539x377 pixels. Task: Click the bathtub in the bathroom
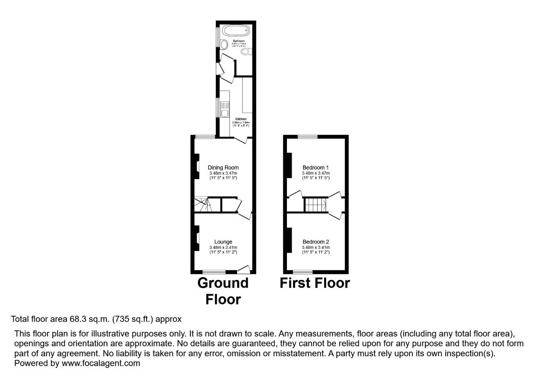point(236,32)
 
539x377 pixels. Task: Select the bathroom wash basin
point(224,44)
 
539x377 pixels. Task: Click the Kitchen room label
point(241,119)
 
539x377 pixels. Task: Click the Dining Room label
point(223,167)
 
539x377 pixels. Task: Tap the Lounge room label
point(223,242)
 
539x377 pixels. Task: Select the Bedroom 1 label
point(315,167)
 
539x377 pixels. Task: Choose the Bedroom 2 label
point(315,242)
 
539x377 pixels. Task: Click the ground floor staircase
point(204,205)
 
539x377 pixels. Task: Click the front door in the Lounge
point(244,270)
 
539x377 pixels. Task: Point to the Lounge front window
point(214,272)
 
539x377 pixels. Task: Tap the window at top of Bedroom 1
point(307,137)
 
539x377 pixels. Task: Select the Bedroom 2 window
point(302,272)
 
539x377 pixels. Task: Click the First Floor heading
point(315,283)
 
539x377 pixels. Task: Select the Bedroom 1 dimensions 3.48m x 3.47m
point(315,173)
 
